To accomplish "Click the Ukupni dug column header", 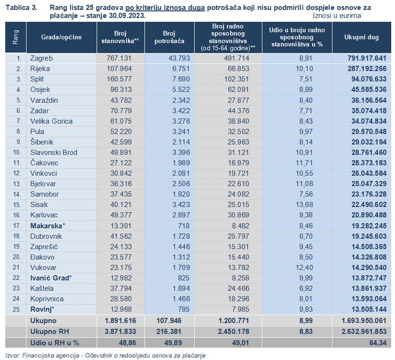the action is click(361, 37).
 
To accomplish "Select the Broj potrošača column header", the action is click(169, 37).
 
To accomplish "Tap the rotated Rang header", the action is click(16, 37).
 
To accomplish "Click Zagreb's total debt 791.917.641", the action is click(367, 58).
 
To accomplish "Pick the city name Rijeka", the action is click(40, 69).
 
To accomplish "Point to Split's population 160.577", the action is click(119, 79).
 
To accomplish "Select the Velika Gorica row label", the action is click(52, 121).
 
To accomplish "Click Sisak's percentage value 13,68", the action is click(304, 205).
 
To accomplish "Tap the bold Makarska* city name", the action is click(48, 226).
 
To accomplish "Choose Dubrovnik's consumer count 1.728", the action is click(181, 236).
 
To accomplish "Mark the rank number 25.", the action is click(17, 309).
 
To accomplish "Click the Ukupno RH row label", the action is click(50, 332).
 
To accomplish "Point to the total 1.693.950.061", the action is click(364, 321).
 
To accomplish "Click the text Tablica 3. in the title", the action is click(22, 8).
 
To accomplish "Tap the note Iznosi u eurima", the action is click(337, 16).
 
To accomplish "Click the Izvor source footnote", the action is click(106, 355).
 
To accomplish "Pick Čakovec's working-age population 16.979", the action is click(238, 163).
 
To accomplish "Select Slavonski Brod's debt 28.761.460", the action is click(369, 153).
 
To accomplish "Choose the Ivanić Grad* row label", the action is click(51, 278).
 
